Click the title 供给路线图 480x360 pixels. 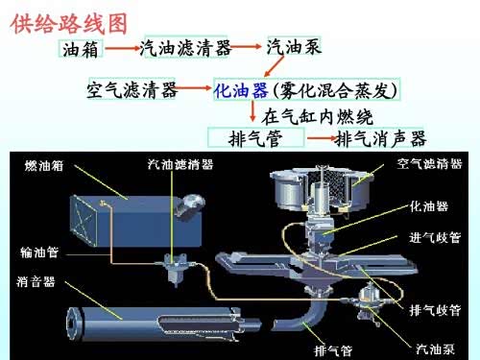[69, 24]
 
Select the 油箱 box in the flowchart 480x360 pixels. [81, 49]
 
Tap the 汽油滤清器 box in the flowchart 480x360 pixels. [185, 47]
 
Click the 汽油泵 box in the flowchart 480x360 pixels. [294, 46]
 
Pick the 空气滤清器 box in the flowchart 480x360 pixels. [132, 88]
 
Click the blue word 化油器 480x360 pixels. [241, 90]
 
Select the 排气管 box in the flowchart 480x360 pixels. [255, 137]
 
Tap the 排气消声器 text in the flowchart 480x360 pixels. [381, 138]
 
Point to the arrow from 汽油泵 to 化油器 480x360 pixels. [275, 66]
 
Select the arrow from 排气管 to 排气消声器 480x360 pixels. [323, 138]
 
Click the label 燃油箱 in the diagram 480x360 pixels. [44, 166]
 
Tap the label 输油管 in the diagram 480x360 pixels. [39, 252]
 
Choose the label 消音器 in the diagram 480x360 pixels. [36, 282]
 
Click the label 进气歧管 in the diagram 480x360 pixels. [435, 237]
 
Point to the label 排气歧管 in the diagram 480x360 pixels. [435, 310]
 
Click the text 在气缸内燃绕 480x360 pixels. [317, 116]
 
